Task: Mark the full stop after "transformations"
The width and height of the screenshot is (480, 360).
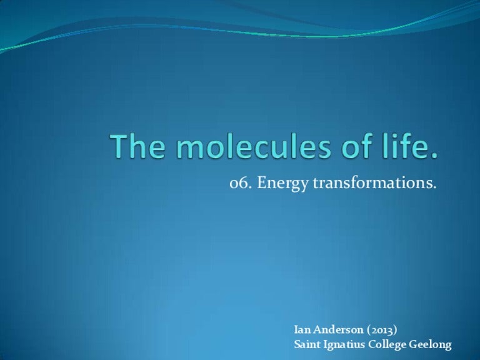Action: [432, 189]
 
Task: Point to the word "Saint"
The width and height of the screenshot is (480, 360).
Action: [307, 344]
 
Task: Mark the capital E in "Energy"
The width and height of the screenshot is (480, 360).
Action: [261, 184]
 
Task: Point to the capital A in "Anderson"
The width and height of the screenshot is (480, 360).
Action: [316, 329]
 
